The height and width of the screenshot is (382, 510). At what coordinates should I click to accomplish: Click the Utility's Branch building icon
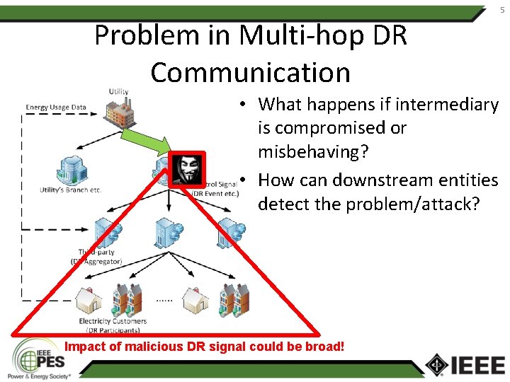(x=71, y=168)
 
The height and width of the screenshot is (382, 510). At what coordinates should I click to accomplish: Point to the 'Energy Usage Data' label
(x=56, y=108)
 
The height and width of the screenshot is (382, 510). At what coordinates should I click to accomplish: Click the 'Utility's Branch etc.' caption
(x=71, y=190)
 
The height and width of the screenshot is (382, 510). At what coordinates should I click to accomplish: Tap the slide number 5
(x=501, y=9)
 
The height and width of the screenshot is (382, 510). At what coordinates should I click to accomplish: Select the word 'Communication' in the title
(x=250, y=72)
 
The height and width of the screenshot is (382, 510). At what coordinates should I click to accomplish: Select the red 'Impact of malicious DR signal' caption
(x=205, y=347)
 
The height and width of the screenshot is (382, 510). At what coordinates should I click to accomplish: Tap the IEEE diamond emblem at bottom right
(x=436, y=364)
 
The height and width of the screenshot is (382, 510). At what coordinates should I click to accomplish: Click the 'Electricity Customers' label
(x=113, y=321)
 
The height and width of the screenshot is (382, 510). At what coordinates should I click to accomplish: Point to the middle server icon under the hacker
(x=168, y=230)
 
